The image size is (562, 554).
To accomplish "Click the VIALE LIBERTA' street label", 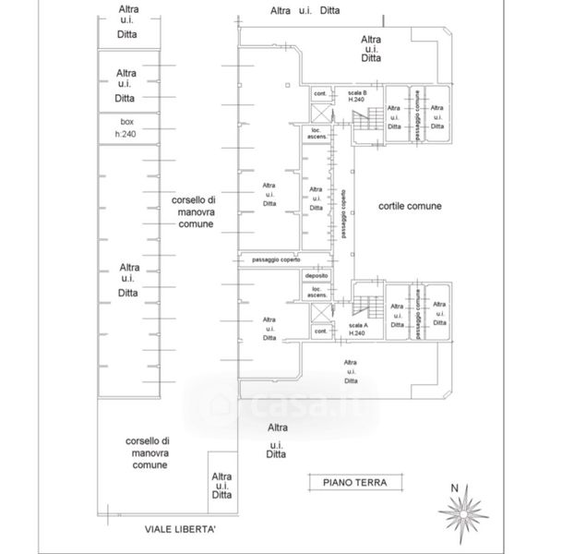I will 180,529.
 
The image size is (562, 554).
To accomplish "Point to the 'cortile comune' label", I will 410,207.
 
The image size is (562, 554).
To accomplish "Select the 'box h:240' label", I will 126,127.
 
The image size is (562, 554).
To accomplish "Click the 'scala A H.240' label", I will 357,330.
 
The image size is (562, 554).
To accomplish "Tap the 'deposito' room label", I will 317,274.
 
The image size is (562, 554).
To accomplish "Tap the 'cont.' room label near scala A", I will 321,331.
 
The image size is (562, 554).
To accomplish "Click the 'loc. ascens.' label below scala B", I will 317,134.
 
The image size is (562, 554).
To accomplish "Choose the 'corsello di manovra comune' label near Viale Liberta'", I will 147,453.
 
